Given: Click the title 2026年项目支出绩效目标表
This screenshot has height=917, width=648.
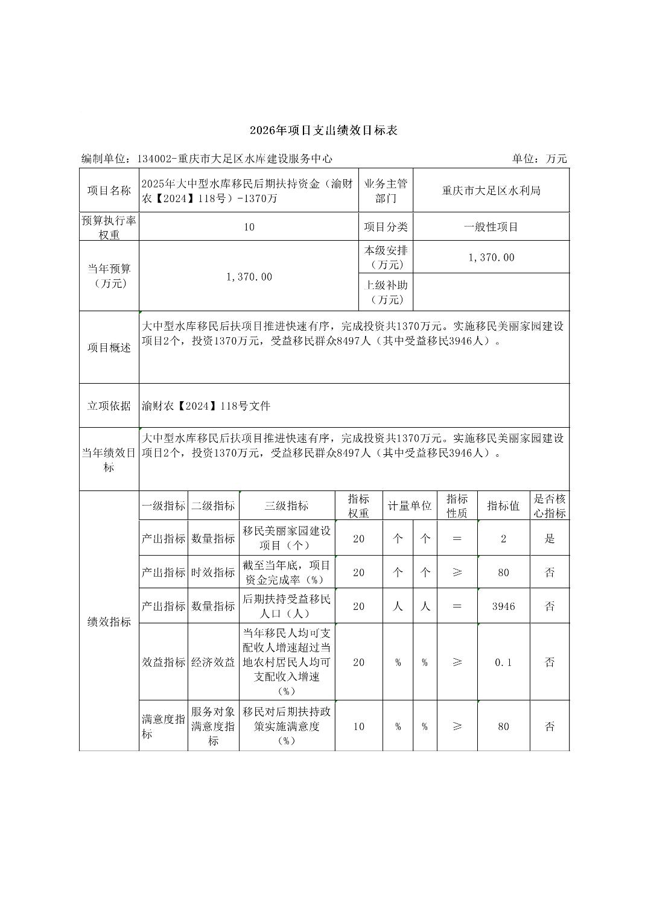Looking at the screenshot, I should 323,130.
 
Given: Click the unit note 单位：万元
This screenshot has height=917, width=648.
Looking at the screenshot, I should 539,159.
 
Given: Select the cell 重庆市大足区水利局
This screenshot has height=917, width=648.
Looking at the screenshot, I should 491,191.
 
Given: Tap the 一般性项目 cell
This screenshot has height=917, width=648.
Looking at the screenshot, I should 491,227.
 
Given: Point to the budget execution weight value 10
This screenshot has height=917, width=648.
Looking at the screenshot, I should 249,227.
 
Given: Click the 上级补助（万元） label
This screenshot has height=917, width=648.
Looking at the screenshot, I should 386,292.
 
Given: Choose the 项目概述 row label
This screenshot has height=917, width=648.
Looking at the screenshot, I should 109,347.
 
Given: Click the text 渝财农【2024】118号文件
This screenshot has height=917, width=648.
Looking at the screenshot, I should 206,406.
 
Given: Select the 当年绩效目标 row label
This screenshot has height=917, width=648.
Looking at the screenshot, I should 109,460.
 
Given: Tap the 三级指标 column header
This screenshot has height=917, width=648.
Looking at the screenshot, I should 287,506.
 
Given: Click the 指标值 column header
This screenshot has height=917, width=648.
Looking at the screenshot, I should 503,506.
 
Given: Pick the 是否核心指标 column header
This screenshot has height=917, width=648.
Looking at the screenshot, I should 550,506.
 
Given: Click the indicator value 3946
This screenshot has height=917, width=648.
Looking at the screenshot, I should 503,606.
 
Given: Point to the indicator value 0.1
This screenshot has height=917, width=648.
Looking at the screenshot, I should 503,662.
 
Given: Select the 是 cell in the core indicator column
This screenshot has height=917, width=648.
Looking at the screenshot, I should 550,538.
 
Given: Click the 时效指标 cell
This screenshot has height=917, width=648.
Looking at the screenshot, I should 213,572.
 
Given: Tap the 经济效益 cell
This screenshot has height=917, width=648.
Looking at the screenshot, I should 213,662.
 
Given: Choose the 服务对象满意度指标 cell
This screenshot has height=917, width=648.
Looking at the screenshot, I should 213,726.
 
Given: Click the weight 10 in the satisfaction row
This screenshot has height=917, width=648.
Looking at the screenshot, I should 358,726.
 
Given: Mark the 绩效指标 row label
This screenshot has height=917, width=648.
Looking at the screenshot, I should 109,621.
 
